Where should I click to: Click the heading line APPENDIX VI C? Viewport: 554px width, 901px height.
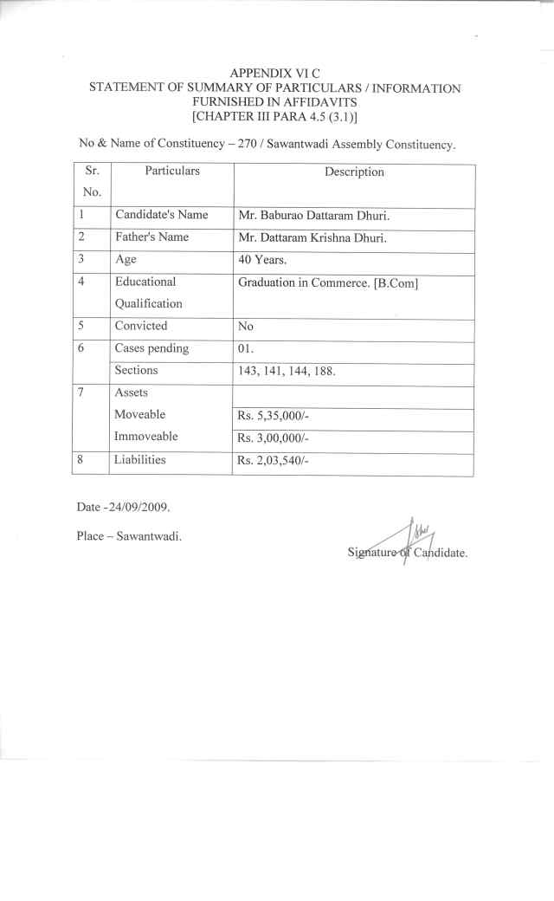click(x=275, y=74)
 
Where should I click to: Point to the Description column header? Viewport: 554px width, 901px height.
click(x=354, y=172)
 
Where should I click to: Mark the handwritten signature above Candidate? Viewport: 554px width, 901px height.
click(x=417, y=535)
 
